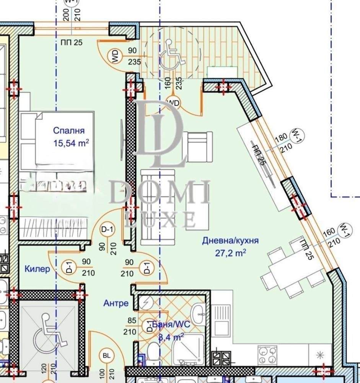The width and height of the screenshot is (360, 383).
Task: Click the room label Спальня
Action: [69, 131]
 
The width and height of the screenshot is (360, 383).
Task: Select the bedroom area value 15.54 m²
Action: [72, 143]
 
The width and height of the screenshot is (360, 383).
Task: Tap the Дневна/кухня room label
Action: [231, 241]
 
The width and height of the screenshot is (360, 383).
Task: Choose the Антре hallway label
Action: [116, 303]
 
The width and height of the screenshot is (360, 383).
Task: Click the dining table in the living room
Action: [290, 268]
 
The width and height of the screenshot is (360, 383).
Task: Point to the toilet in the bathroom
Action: [154, 351]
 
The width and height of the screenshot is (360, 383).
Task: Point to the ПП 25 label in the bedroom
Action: [72, 43]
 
